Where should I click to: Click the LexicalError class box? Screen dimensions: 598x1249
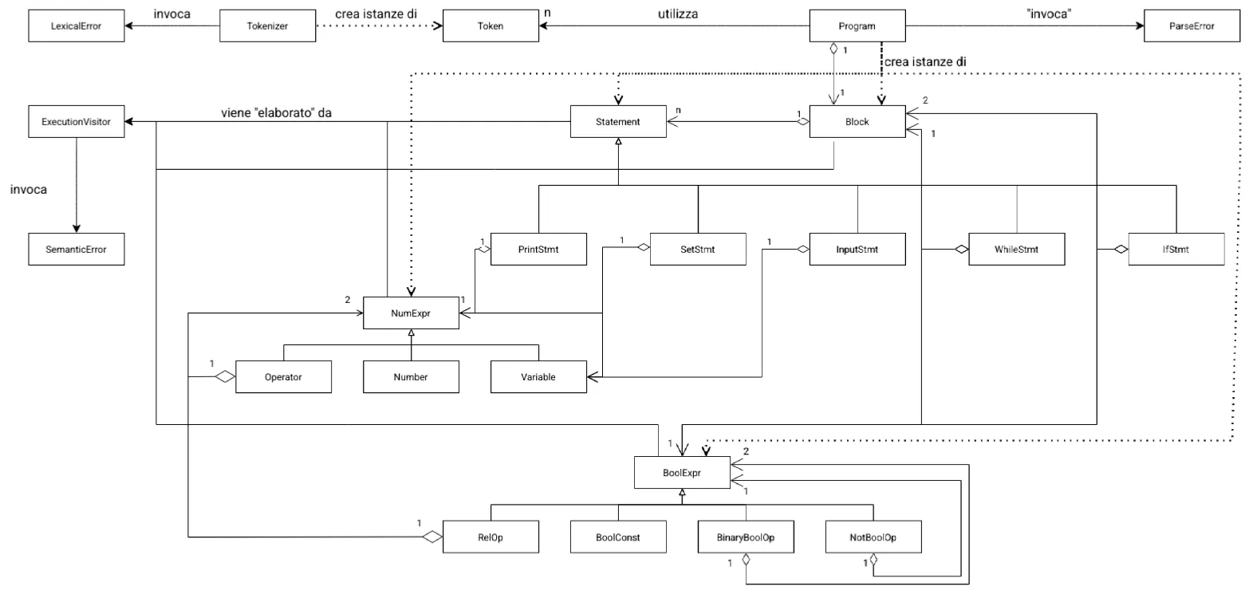[75, 26]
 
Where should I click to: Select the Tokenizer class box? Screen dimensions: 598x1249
[266, 26]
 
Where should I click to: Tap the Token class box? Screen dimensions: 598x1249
[490, 26]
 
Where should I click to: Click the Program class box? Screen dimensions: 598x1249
[857, 26]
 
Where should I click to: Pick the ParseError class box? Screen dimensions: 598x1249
[1192, 26]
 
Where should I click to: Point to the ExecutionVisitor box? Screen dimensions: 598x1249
[75, 122]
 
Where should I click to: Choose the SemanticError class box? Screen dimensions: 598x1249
[75, 249]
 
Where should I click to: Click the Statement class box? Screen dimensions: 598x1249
[618, 122]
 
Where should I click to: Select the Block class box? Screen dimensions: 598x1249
[857, 122]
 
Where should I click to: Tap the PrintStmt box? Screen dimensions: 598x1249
[538, 249]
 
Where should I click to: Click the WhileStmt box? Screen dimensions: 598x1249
[1016, 249]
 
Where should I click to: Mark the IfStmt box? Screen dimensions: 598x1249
[1176, 249]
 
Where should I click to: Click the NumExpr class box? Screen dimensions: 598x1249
[411, 313]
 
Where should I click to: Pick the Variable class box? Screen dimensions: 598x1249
[538, 376]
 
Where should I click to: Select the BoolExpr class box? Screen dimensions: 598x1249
[682, 472]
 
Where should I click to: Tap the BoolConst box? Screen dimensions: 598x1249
[618, 537]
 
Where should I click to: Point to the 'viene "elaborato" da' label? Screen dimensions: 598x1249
[277, 112]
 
